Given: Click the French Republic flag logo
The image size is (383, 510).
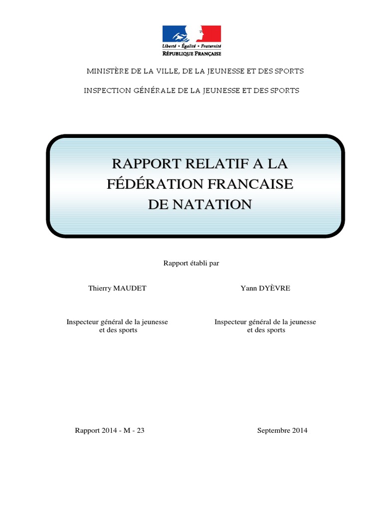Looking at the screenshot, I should pyautogui.click(x=191, y=34).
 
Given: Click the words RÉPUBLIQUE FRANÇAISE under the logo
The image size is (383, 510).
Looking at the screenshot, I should pyautogui.click(x=191, y=53).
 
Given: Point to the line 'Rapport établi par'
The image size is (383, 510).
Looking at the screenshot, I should pyautogui.click(x=191, y=263).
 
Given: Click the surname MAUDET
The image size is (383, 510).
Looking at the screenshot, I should pyautogui.click(x=131, y=288).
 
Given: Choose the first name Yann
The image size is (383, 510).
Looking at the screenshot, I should pyautogui.click(x=248, y=288).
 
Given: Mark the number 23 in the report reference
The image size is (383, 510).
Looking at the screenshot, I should pyautogui.click(x=140, y=430).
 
